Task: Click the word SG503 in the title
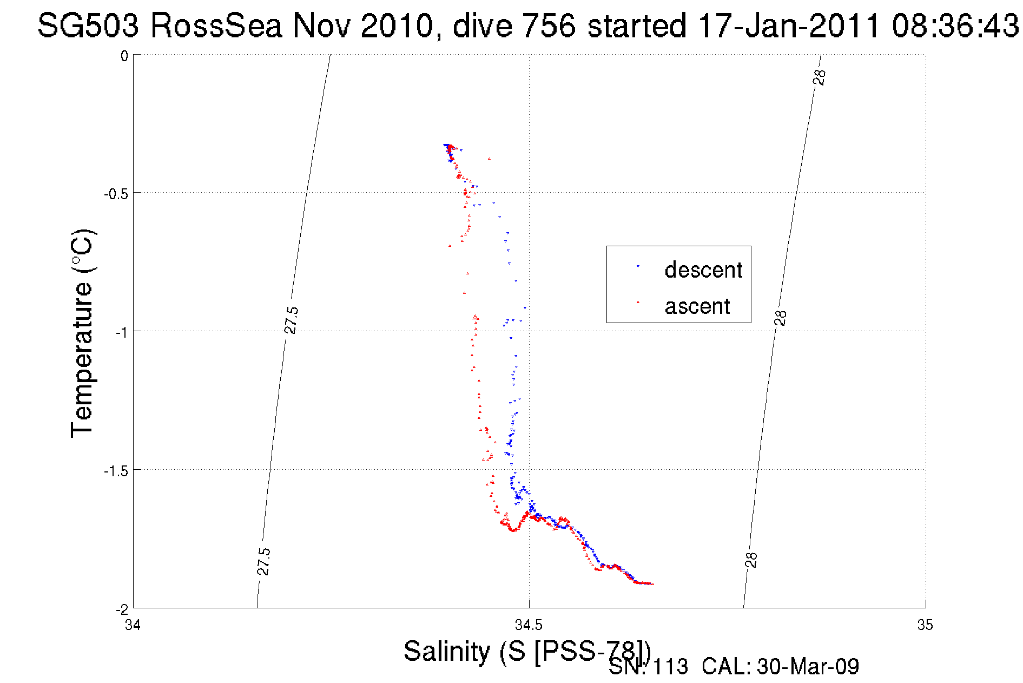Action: pos(88,25)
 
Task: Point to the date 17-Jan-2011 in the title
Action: pos(789,25)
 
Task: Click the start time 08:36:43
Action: pos(955,25)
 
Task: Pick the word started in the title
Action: pos(637,25)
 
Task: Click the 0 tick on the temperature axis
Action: pos(124,56)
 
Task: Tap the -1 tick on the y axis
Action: pos(121,332)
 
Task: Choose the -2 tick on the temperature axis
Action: pos(121,609)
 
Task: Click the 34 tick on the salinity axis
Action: pos(133,625)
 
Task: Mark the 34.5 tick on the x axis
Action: pos(529,625)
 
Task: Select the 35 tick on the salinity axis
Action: pos(925,625)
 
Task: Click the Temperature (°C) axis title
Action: pos(83,333)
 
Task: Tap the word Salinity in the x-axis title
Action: pos(447,651)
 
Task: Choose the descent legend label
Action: pos(703,270)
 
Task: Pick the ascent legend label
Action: pos(697,306)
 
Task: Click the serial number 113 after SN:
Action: pos(670,667)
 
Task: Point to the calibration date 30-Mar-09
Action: pos(808,667)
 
